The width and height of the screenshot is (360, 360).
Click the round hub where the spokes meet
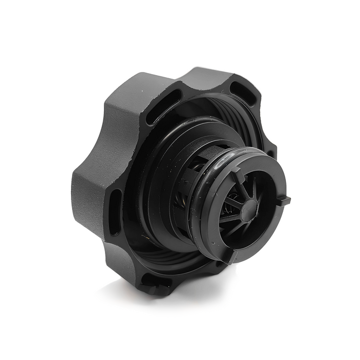[248, 208]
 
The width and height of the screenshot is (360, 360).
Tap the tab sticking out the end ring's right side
[284, 200]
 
